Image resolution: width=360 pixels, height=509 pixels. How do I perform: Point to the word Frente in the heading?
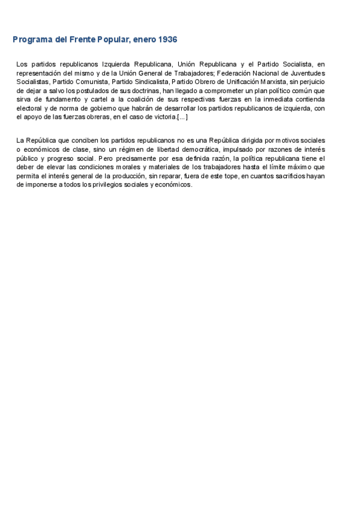coord(87,40)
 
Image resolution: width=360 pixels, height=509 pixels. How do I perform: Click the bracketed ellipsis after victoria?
coord(182,117)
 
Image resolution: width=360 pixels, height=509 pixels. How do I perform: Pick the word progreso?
coord(61,158)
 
